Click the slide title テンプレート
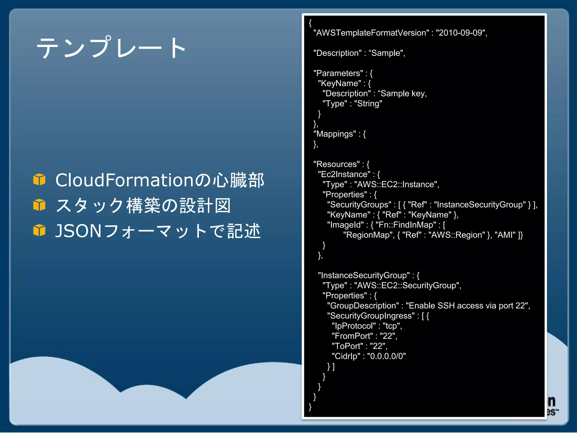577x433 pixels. [x=111, y=47]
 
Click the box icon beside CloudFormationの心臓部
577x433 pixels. [x=39, y=180]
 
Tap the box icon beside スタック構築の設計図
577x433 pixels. [x=39, y=205]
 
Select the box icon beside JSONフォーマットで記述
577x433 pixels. [x=39, y=230]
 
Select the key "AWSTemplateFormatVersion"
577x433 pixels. [x=371, y=33]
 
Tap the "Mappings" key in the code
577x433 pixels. [x=334, y=134]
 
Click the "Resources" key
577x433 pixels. [x=336, y=164]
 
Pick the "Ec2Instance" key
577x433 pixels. [x=344, y=174]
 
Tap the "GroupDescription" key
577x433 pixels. [x=363, y=306]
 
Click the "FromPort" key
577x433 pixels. [x=352, y=336]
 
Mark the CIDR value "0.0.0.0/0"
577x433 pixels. [x=386, y=356]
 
